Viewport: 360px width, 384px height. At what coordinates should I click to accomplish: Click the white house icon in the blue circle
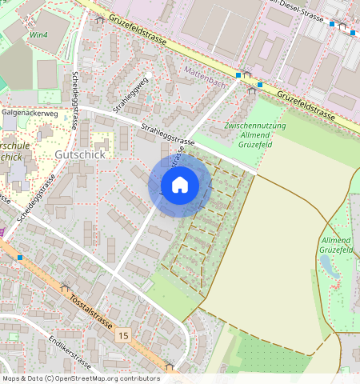click(x=180, y=185)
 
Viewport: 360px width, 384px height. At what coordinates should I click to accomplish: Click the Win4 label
click(x=38, y=35)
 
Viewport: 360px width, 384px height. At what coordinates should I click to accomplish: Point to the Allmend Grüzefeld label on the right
click(x=336, y=246)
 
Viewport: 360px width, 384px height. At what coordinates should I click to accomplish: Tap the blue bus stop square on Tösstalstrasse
click(x=20, y=258)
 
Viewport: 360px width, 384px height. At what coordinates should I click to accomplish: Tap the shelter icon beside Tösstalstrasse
click(x=66, y=286)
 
